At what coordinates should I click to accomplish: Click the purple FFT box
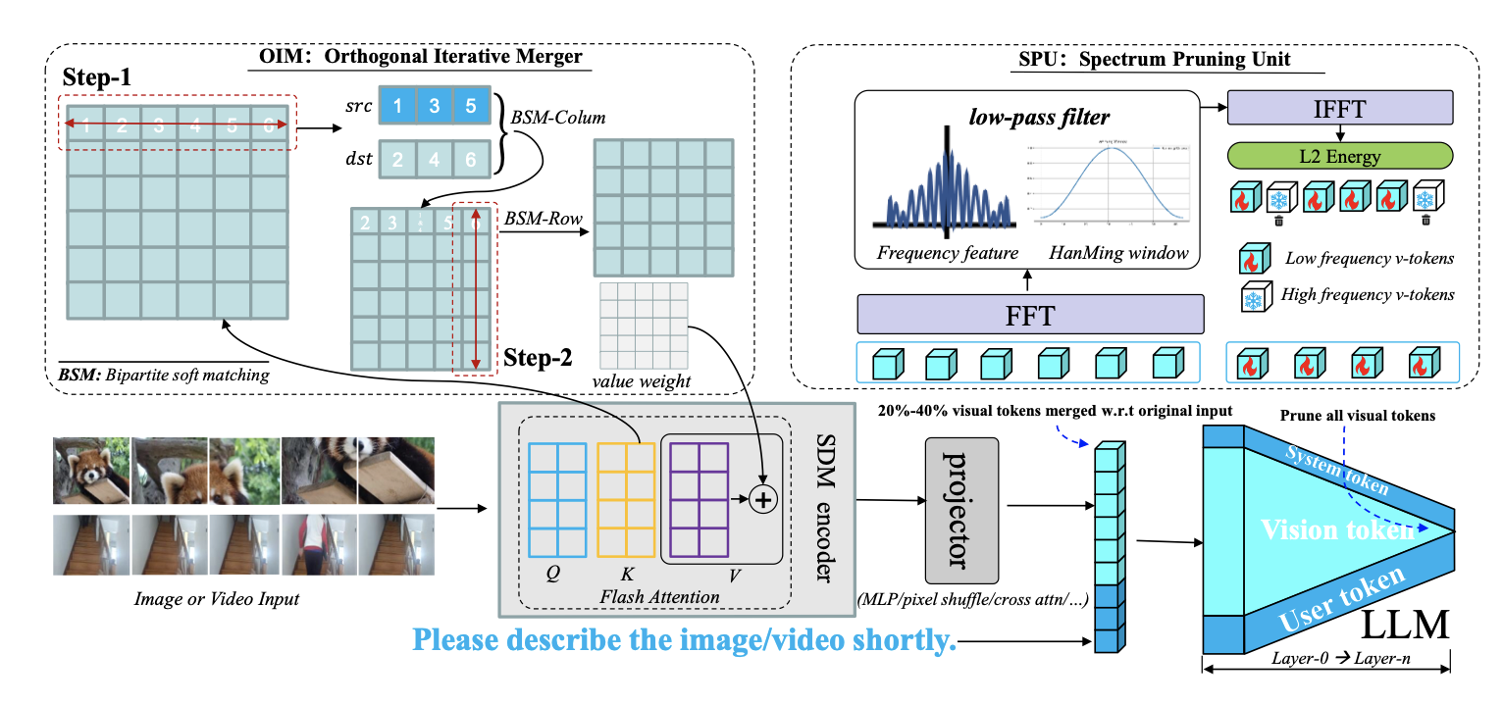[1030, 315]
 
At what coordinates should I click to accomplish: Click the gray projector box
[961, 511]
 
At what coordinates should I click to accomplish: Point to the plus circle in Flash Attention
[762, 499]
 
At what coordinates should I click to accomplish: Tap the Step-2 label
[538, 358]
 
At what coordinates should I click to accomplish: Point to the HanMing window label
[1118, 253]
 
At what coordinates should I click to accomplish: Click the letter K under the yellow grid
[626, 573]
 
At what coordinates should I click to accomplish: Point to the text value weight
[641, 379]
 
